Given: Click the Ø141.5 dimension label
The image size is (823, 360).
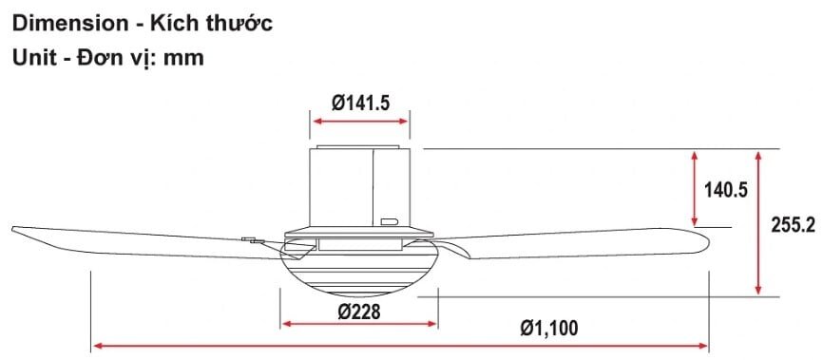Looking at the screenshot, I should (x=360, y=104).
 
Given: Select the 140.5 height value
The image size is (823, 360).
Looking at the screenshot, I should (x=726, y=189).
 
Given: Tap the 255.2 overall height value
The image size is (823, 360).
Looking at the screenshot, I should (x=794, y=225).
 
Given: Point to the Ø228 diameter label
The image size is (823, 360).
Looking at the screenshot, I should (x=359, y=311).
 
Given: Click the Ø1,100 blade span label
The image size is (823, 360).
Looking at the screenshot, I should (x=548, y=328).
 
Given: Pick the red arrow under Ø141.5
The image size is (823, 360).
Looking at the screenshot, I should (x=360, y=122).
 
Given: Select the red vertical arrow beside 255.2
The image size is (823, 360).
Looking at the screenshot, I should (x=757, y=222).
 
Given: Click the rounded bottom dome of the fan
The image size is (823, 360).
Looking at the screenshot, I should (x=359, y=275).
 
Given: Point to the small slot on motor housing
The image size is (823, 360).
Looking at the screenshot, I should (x=389, y=222).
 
